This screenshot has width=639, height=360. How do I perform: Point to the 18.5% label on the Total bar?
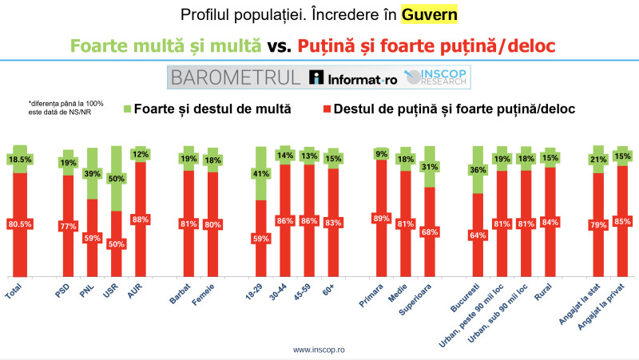pyautogui.click(x=20, y=160)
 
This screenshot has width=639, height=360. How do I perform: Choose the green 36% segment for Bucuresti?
pyautogui.click(x=478, y=170)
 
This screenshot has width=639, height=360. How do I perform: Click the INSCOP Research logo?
pyautogui.click(x=439, y=77)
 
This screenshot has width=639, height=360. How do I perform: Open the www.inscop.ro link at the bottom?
pyautogui.click(x=319, y=350)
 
